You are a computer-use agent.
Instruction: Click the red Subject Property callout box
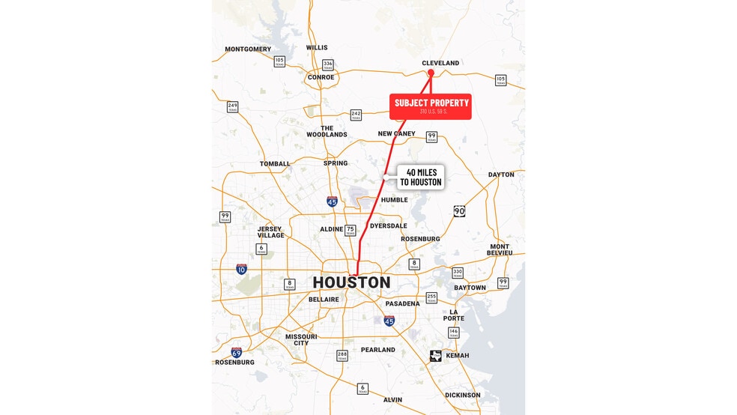pos(430,106)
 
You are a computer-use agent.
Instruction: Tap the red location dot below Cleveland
pos(431,73)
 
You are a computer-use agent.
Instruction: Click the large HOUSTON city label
pos(351,282)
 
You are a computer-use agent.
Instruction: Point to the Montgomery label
pos(248,49)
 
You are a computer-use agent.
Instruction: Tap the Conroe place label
pos(321,77)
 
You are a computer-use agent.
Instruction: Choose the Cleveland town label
pos(440,63)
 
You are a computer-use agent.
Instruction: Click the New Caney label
pos(396,134)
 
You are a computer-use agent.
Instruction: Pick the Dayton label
pos(501,175)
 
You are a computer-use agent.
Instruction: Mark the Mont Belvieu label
pos(500,249)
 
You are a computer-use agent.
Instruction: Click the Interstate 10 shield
pos(241,268)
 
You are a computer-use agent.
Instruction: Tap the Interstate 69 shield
pos(236,351)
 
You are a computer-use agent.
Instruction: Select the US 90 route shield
pos(459,211)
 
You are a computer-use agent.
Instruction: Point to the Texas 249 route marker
pos(232,106)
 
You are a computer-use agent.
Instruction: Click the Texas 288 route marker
pos(342,355)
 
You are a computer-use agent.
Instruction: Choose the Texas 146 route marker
pos(453,333)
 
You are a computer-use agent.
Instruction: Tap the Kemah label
pos(457,356)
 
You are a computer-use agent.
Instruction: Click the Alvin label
pos(392,400)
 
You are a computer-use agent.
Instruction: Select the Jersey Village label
pos(270,232)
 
